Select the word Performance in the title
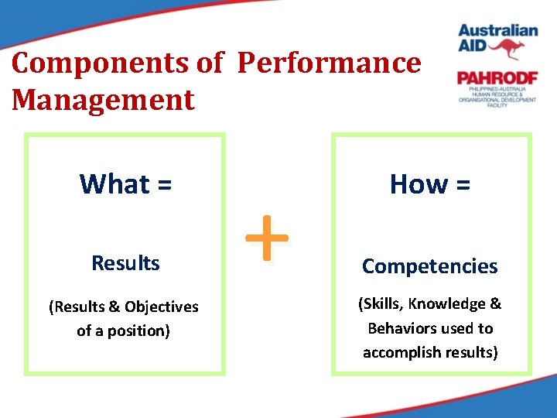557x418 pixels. pos(330,63)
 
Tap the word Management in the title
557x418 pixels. pos(104,100)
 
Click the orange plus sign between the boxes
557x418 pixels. pos(266,238)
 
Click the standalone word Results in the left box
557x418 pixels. pos(125,263)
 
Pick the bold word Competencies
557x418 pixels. pos(430,266)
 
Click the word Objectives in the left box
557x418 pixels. pos(161,307)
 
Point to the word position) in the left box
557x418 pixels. pos(139,331)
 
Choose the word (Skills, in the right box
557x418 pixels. pos(381,304)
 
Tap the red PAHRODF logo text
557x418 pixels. pos(495,78)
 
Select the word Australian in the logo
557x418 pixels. pos(497,31)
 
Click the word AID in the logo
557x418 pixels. pos(473,49)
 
